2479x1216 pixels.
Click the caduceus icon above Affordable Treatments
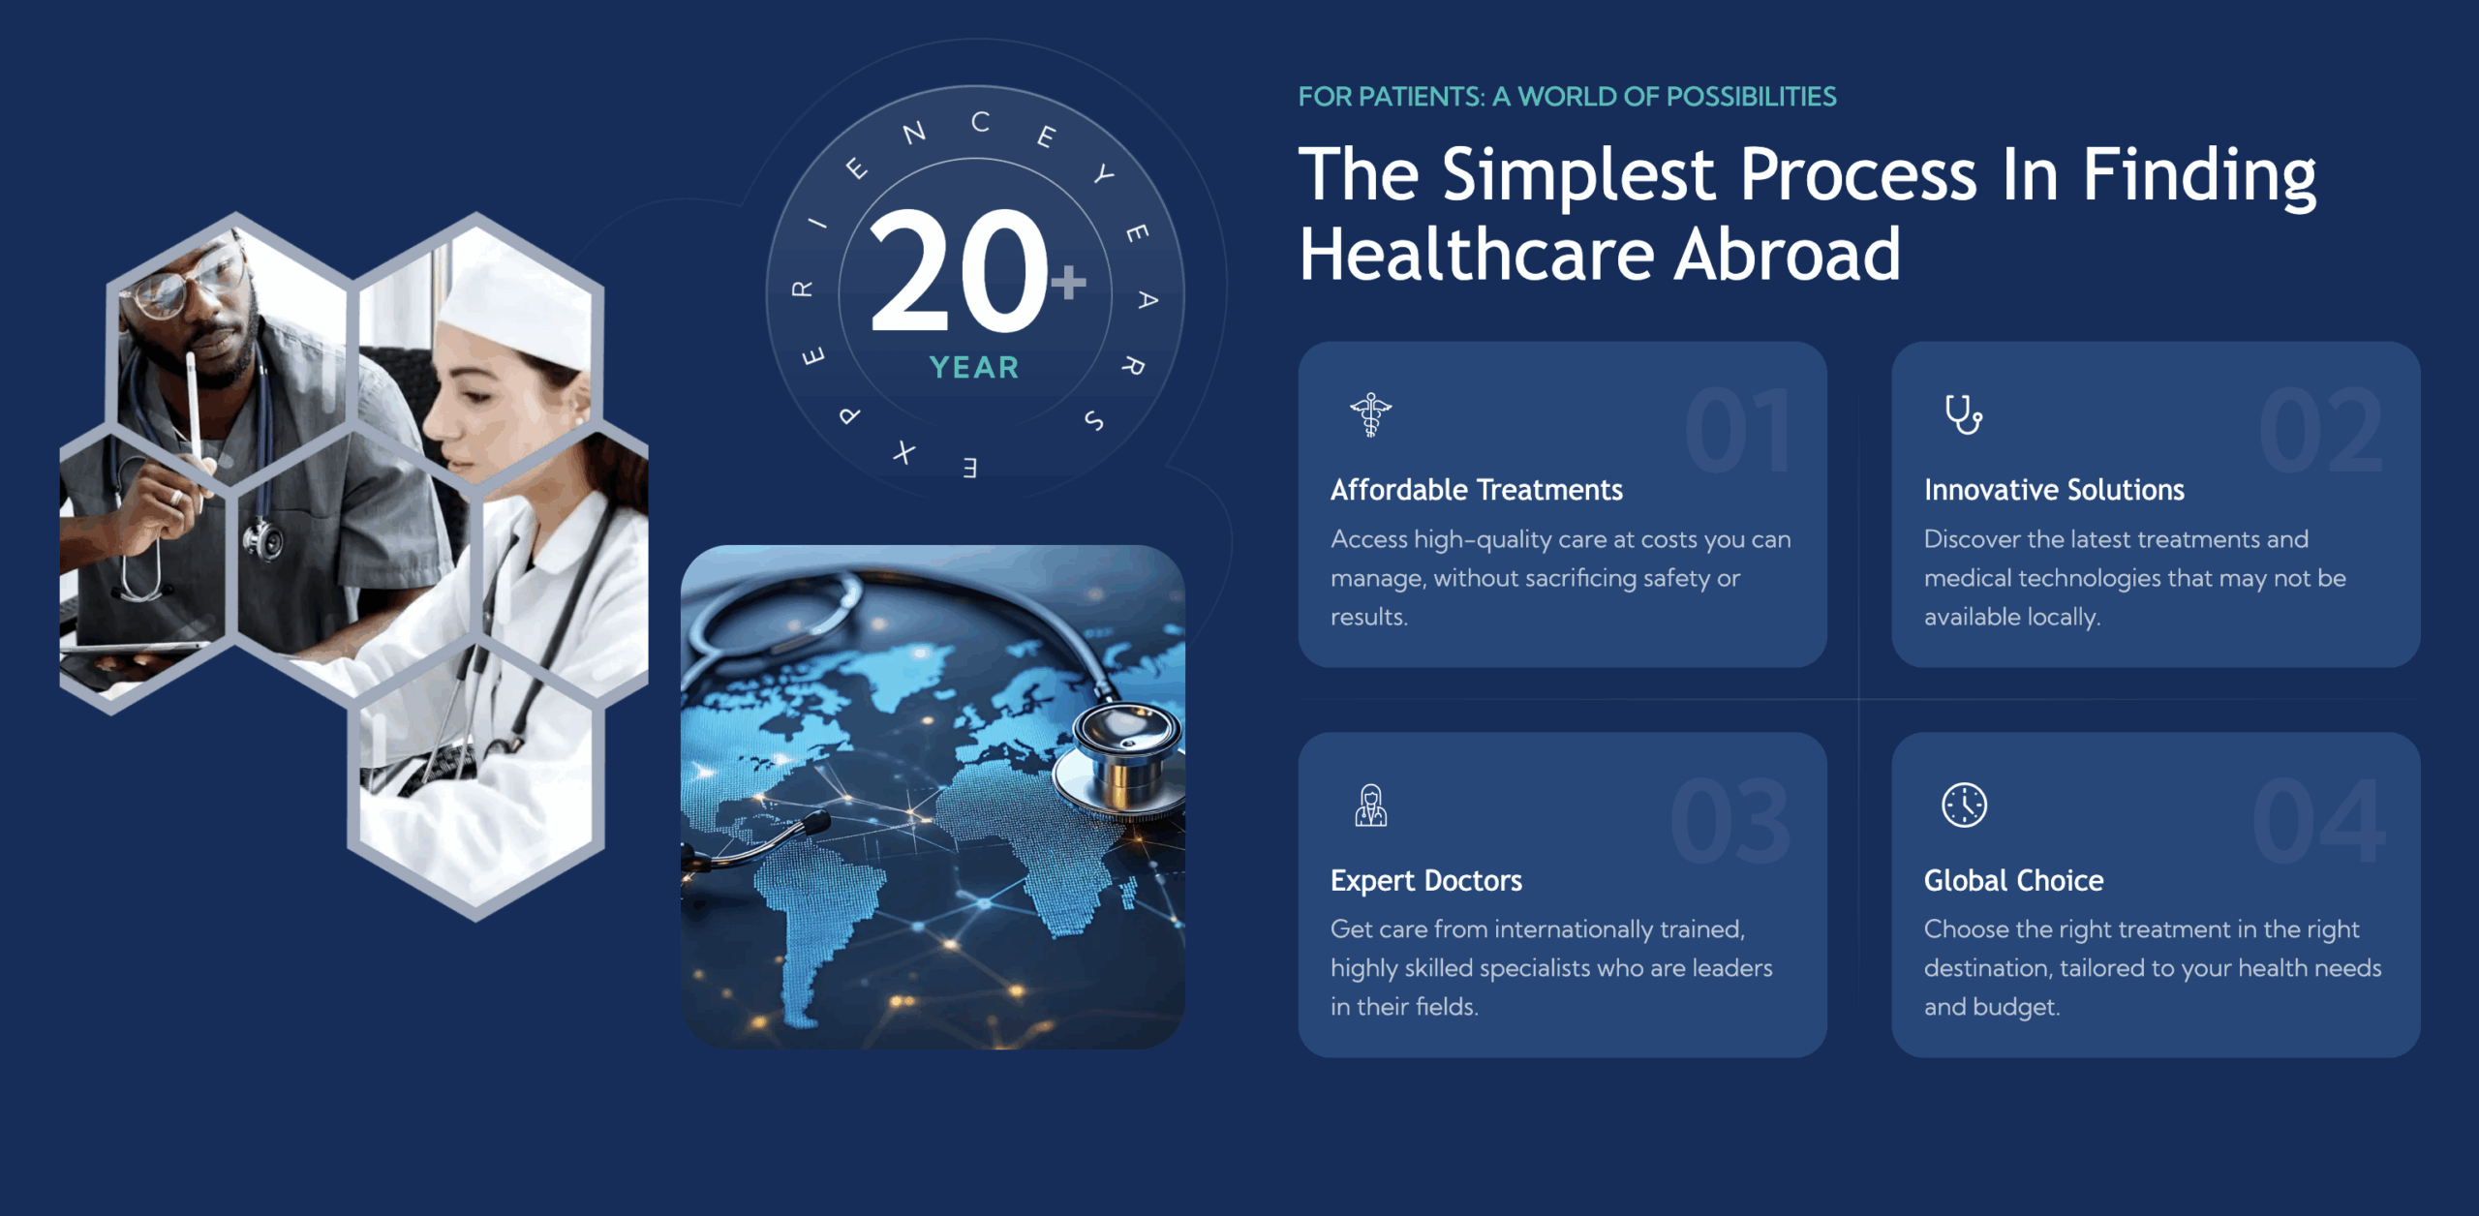[x=1370, y=415]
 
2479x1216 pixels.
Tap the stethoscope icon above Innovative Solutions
[x=1963, y=414]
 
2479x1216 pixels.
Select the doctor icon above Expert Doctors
[x=1370, y=806]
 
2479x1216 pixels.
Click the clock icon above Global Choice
[x=1964, y=805]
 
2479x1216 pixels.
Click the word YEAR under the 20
[x=974, y=368]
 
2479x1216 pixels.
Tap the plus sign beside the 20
[x=1069, y=282]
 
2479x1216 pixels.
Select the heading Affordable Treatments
[x=1476, y=490]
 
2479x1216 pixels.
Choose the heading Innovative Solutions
[x=2054, y=490]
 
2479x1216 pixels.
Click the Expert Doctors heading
[x=1425, y=880]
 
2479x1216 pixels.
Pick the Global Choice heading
[x=2013, y=880]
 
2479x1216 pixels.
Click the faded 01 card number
[x=1738, y=432]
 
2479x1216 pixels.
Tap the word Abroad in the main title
[x=1788, y=255]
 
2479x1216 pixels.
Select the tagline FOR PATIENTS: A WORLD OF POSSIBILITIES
[x=1567, y=97]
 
